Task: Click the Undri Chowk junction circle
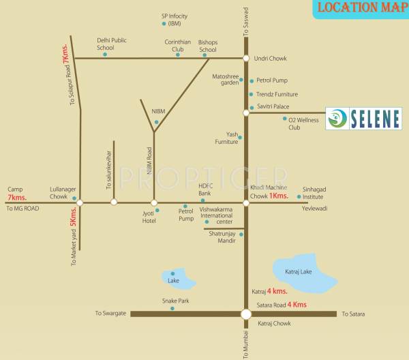click(x=246, y=59)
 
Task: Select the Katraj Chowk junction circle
click(x=245, y=314)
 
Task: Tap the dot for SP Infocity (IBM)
click(x=164, y=24)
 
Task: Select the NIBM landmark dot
click(x=156, y=123)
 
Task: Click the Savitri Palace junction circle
click(x=246, y=112)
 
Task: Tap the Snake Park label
click(x=174, y=301)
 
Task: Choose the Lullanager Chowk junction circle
click(x=80, y=202)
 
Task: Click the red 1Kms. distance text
click(x=279, y=196)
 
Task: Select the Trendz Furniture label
click(x=277, y=94)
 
